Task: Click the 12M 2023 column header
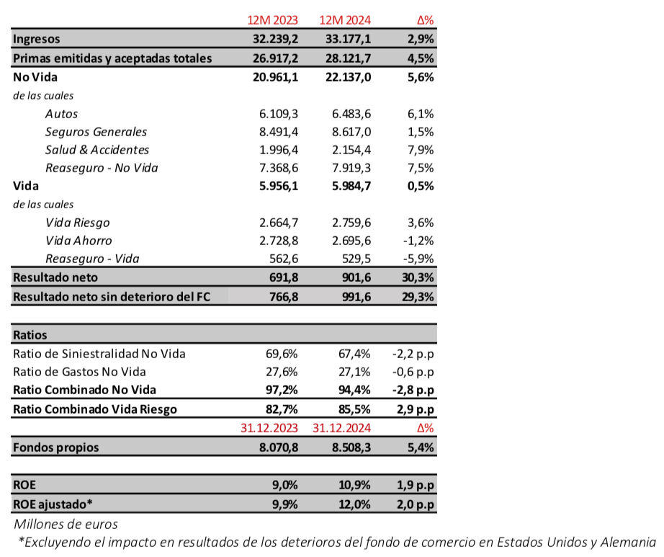click(268, 21)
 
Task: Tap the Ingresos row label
click(37, 39)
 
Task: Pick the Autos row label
click(61, 114)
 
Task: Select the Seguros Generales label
click(96, 132)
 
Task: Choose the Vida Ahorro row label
click(78, 241)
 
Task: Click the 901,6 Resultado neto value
click(354, 277)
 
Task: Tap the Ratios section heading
click(30, 335)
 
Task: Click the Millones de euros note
click(66, 524)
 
